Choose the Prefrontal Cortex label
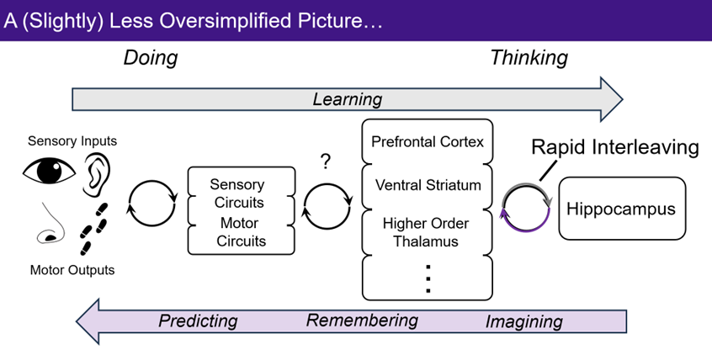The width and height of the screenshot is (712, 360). (x=428, y=141)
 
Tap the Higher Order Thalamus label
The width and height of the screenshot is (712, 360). (x=428, y=232)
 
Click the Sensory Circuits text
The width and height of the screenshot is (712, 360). (x=236, y=193)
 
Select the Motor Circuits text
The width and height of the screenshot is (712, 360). (x=236, y=232)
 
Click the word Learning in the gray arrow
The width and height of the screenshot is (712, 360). (x=347, y=99)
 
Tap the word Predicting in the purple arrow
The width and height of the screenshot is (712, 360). (x=198, y=320)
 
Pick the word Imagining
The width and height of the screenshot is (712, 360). (x=523, y=320)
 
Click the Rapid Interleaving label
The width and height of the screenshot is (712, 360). (x=614, y=148)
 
